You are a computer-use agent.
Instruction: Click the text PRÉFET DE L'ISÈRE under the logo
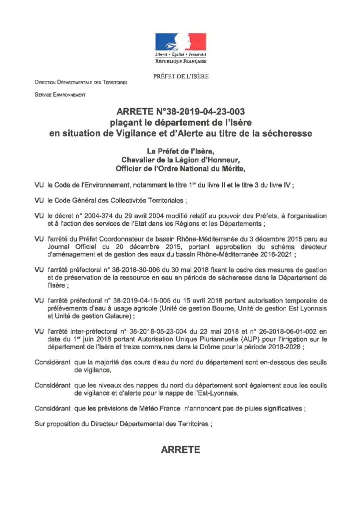point(180,76)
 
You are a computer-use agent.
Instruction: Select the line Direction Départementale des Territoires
point(81,82)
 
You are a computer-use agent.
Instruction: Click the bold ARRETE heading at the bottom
point(180,450)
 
